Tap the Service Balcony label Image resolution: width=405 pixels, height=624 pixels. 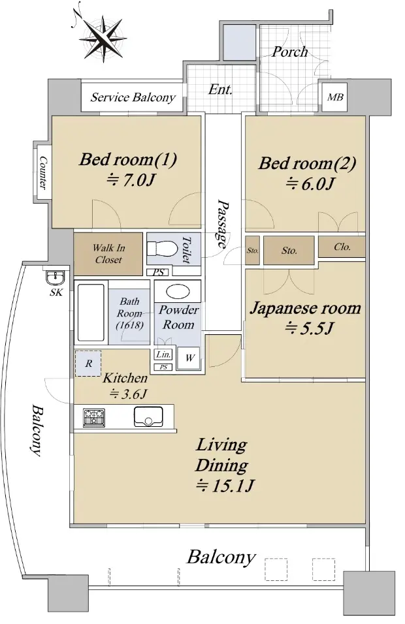coord(133,97)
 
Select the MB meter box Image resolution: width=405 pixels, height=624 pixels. coord(334,97)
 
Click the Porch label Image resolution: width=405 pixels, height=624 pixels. coord(289,52)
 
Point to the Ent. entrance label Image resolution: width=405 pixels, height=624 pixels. coord(220,89)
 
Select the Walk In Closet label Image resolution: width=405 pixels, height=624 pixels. coord(108,254)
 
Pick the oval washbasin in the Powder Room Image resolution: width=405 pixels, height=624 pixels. coord(178,291)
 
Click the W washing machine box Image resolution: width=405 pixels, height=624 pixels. coord(189,358)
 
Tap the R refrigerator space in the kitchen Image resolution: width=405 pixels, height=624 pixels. coord(88,364)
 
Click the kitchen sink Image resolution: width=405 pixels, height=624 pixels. coord(148,416)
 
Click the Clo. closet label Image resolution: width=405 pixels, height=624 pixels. coord(342,247)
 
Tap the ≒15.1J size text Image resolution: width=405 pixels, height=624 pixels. coord(225,486)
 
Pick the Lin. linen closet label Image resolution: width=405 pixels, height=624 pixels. coord(164,354)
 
